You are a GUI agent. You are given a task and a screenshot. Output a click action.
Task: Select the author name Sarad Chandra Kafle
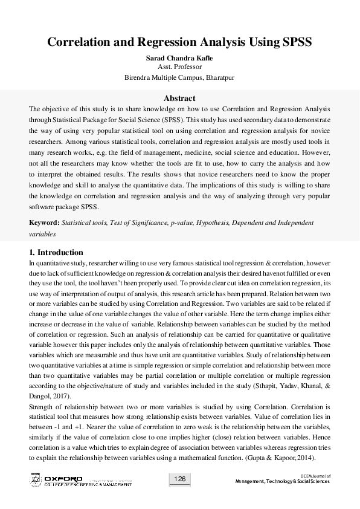pos(179,57)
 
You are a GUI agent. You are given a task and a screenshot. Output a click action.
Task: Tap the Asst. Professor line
pos(179,67)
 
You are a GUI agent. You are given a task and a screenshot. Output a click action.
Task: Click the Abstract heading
pos(179,98)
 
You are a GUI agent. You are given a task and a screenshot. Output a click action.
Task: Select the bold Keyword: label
pos(44,222)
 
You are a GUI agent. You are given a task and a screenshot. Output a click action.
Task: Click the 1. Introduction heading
pos(56,252)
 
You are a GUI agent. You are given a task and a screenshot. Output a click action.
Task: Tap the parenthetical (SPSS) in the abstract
pos(173,120)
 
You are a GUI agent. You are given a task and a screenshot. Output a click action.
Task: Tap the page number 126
pos(179,479)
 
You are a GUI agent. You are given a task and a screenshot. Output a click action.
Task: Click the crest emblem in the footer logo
pos(35,481)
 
